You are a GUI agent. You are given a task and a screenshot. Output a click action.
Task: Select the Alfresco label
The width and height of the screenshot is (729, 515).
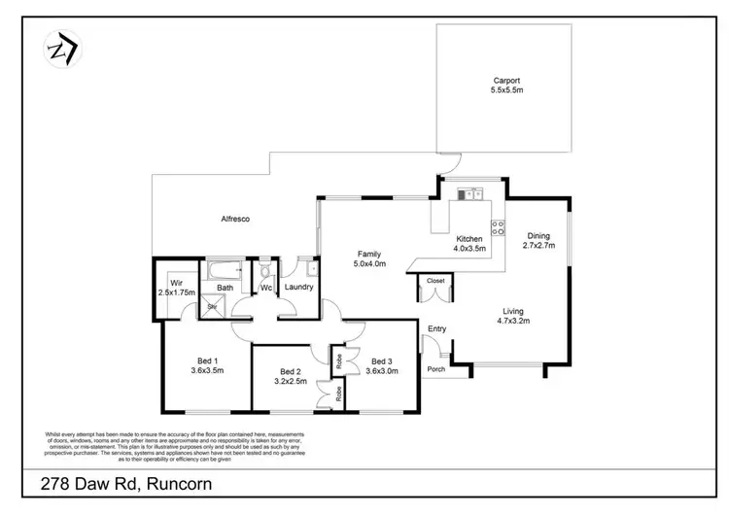coord(233,220)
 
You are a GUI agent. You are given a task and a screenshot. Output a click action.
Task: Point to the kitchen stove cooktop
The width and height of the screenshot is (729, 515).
coord(498,227)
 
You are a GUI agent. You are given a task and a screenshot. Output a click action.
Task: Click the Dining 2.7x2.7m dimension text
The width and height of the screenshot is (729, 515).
coord(538,247)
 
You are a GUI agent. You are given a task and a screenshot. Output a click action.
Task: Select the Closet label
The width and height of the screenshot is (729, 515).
coord(434,282)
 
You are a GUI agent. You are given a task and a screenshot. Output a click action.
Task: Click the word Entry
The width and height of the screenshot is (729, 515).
coord(436,328)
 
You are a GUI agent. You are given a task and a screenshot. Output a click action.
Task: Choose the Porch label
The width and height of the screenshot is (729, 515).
coord(435,368)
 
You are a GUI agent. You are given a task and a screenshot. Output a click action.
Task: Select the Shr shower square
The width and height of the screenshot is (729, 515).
coord(211,305)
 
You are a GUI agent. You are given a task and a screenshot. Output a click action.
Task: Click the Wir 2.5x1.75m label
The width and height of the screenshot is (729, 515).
coord(177,286)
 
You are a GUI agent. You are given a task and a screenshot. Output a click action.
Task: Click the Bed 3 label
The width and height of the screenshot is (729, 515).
coord(381,360)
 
